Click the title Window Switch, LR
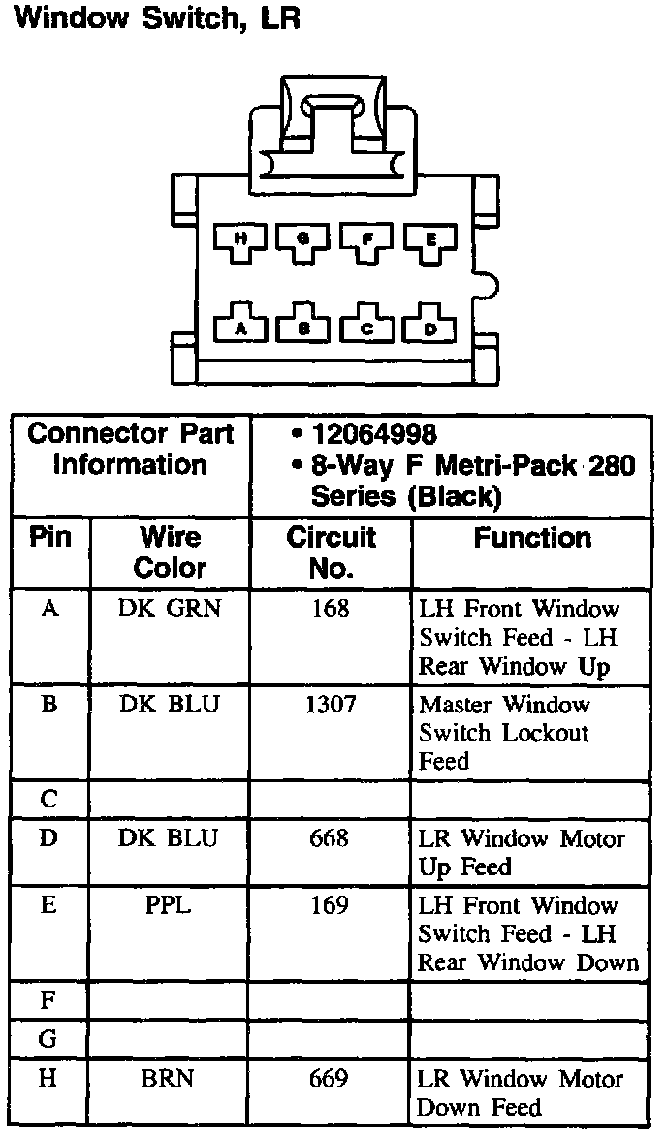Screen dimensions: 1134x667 pos(155,20)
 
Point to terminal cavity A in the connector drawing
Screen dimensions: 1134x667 pos(241,327)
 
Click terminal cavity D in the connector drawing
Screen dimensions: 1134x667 pos(429,327)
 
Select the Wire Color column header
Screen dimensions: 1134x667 pos(170,551)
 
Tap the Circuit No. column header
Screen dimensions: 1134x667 pos(332,551)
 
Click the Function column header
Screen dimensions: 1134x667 pos(532,538)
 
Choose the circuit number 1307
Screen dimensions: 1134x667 pos(331,705)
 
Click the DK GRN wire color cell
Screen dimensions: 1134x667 pos(170,609)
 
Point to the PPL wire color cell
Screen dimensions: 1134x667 pos(170,906)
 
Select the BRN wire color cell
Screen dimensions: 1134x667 pos(170,1078)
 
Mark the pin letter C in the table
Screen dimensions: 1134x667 pos(48,801)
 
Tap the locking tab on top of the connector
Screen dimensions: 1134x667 pos(333,121)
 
